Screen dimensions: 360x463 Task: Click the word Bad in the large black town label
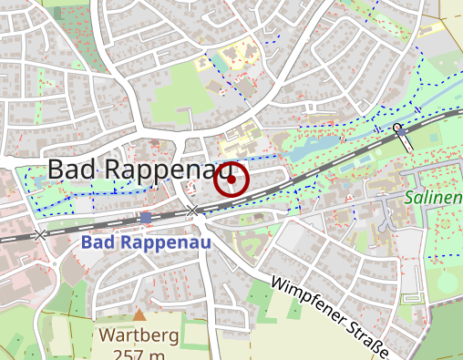(x=73, y=170)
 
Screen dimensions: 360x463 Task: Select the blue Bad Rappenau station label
(x=145, y=243)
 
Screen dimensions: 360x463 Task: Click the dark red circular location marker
(x=231, y=180)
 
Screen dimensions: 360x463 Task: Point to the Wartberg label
(x=139, y=334)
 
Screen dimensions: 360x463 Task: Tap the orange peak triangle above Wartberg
(x=139, y=315)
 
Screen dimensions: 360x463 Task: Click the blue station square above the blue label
(x=146, y=218)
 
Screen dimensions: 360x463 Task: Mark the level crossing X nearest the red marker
(x=192, y=211)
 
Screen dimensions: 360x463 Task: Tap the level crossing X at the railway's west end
(x=40, y=235)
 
